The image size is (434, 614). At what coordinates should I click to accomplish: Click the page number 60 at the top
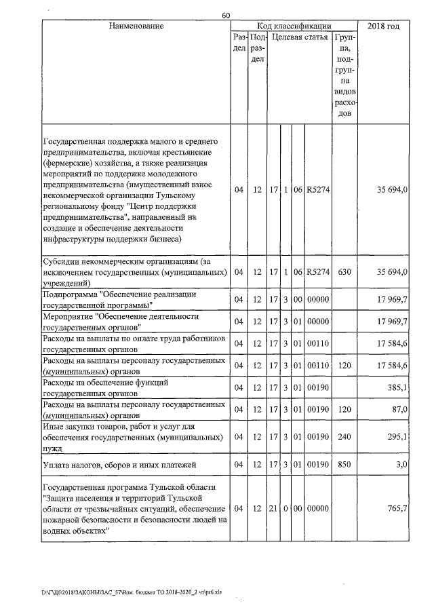(226, 16)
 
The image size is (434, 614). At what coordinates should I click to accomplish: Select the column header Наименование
(136, 26)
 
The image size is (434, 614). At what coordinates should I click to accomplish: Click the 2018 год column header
(383, 26)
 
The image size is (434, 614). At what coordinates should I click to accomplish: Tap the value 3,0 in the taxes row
(401, 465)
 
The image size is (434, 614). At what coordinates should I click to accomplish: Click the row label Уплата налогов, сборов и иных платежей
(119, 465)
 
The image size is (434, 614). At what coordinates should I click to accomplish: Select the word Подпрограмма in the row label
(68, 294)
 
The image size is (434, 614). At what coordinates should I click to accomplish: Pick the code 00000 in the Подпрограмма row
(317, 299)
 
